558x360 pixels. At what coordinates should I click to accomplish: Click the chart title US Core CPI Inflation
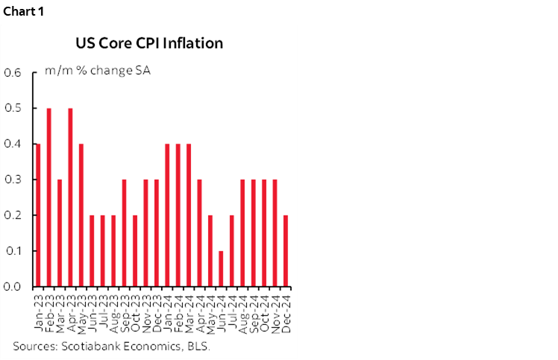pos(149,43)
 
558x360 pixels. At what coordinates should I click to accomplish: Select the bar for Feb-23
pos(49,198)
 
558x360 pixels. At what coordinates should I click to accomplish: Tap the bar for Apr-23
pos(70,198)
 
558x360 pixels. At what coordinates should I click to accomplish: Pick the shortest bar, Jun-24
pos(221,268)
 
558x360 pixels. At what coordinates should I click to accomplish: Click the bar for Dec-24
pos(285,251)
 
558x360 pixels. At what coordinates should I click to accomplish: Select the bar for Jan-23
pos(38,215)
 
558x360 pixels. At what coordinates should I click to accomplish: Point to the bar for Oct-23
pos(135,251)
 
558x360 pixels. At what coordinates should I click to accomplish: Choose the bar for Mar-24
pos(189,215)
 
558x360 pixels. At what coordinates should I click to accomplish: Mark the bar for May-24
pos(210,251)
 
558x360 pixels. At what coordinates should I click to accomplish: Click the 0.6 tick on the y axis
pos(14,73)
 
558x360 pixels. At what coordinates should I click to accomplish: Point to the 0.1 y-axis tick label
pos(14,251)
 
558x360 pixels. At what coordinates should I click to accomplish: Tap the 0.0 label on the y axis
pos(14,287)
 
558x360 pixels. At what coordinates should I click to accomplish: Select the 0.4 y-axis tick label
pos(14,145)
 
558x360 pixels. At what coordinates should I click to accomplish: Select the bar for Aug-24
pos(242,233)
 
